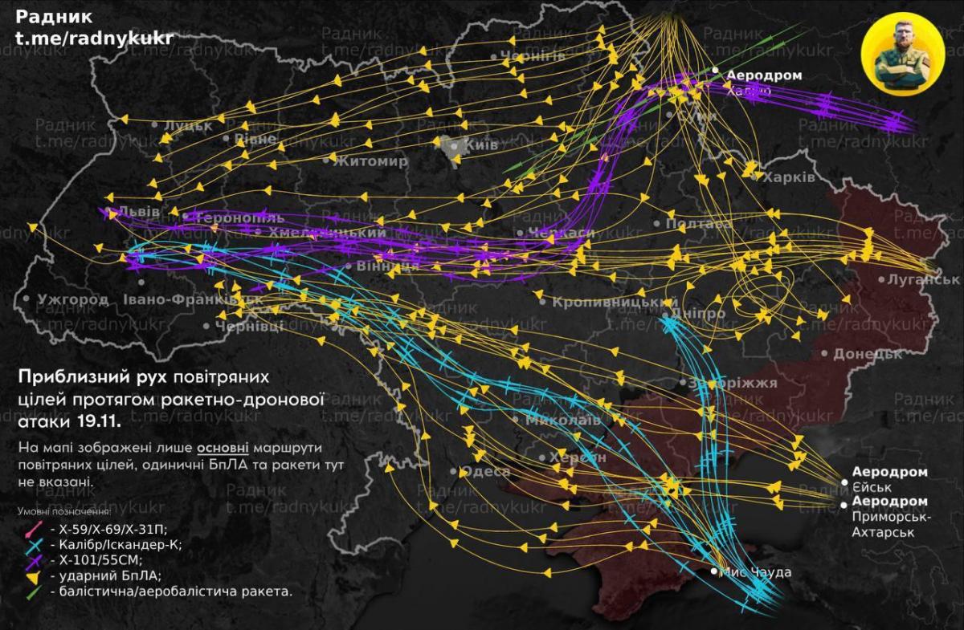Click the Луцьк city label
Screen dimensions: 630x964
pos(188,126)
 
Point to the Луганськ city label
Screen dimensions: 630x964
pos(924,279)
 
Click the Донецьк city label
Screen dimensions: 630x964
pos(862,353)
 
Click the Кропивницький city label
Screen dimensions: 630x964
pos(611,303)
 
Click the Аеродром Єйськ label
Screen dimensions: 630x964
pos(890,479)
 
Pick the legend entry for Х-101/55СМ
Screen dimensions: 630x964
pos(101,559)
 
